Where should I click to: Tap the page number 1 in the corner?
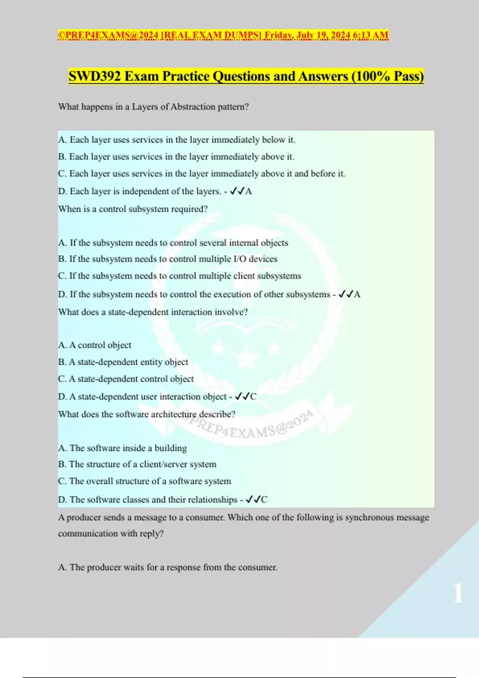tap(458, 593)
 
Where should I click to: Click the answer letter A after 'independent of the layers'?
tap(249, 191)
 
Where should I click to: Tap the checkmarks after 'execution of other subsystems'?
tap(345, 294)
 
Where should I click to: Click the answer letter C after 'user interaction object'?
tap(253, 397)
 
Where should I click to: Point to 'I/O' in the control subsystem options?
tap(240, 259)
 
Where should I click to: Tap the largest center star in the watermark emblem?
tap(247, 356)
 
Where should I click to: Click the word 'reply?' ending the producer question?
tap(151, 534)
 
